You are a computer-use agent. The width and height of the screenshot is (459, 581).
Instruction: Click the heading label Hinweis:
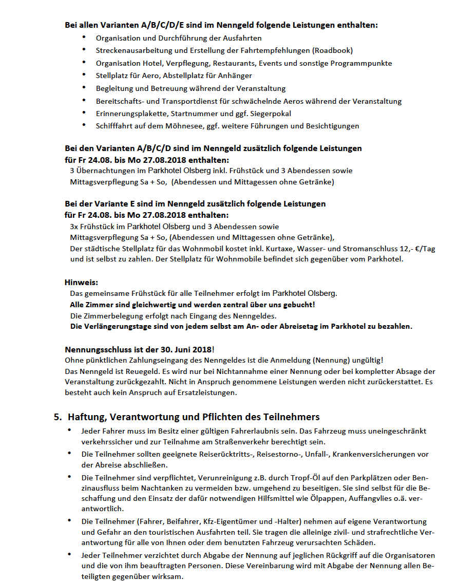pos(81,282)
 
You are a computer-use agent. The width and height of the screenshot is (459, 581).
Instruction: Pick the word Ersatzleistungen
pos(211,393)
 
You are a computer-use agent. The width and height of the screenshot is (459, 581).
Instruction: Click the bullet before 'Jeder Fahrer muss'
pos(70,430)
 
